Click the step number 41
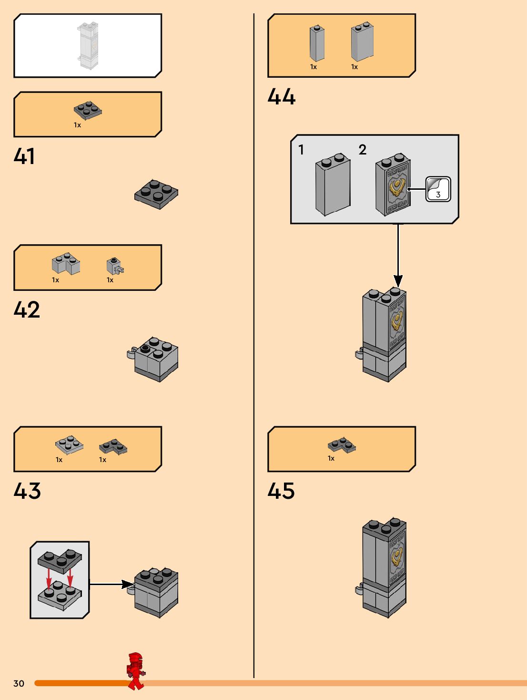click(24, 156)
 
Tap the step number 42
click(27, 309)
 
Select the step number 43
click(27, 491)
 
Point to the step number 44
click(281, 96)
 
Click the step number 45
click(281, 491)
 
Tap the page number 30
click(19, 683)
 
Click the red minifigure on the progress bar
click(136, 671)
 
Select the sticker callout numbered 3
click(438, 189)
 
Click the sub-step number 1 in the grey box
click(301, 150)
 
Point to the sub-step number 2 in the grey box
click(363, 150)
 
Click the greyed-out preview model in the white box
click(88, 45)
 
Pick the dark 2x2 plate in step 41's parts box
click(88, 110)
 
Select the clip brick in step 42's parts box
click(115, 266)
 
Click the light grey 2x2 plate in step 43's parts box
click(69, 445)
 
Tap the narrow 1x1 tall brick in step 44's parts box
click(317, 43)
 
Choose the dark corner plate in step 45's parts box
click(342, 444)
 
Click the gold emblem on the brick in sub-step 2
click(397, 188)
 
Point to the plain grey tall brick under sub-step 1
click(333, 185)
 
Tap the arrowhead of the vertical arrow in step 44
click(398, 281)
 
